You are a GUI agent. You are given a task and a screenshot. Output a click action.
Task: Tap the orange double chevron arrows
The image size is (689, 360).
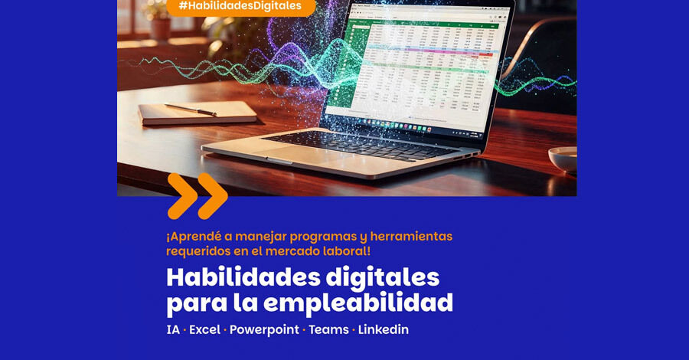[198, 195]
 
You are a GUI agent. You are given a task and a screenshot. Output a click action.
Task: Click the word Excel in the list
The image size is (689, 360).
[204, 329]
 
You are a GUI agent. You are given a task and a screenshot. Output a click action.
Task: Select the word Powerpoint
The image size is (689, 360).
[264, 329]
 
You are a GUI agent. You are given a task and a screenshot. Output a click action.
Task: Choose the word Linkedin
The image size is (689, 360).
[384, 329]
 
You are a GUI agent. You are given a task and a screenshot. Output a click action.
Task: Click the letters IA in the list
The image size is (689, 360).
[173, 329]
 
